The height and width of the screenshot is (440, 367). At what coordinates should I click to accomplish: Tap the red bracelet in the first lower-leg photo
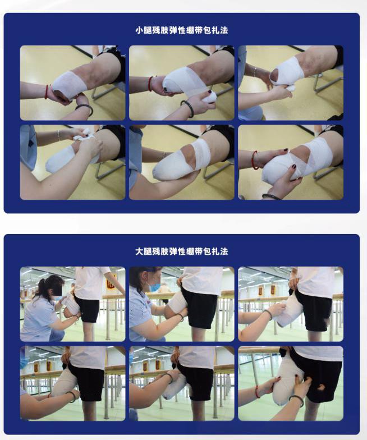pyautogui.click(x=46, y=91)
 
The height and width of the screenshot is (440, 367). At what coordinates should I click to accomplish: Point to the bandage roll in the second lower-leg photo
pyautogui.click(x=209, y=98)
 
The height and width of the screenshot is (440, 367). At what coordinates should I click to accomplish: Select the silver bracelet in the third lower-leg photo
pyautogui.click(x=255, y=72)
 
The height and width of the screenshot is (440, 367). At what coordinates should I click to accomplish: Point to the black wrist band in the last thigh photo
pyautogui.click(x=296, y=400)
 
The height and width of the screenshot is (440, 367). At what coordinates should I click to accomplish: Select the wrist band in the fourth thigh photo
pyautogui.click(x=72, y=396)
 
